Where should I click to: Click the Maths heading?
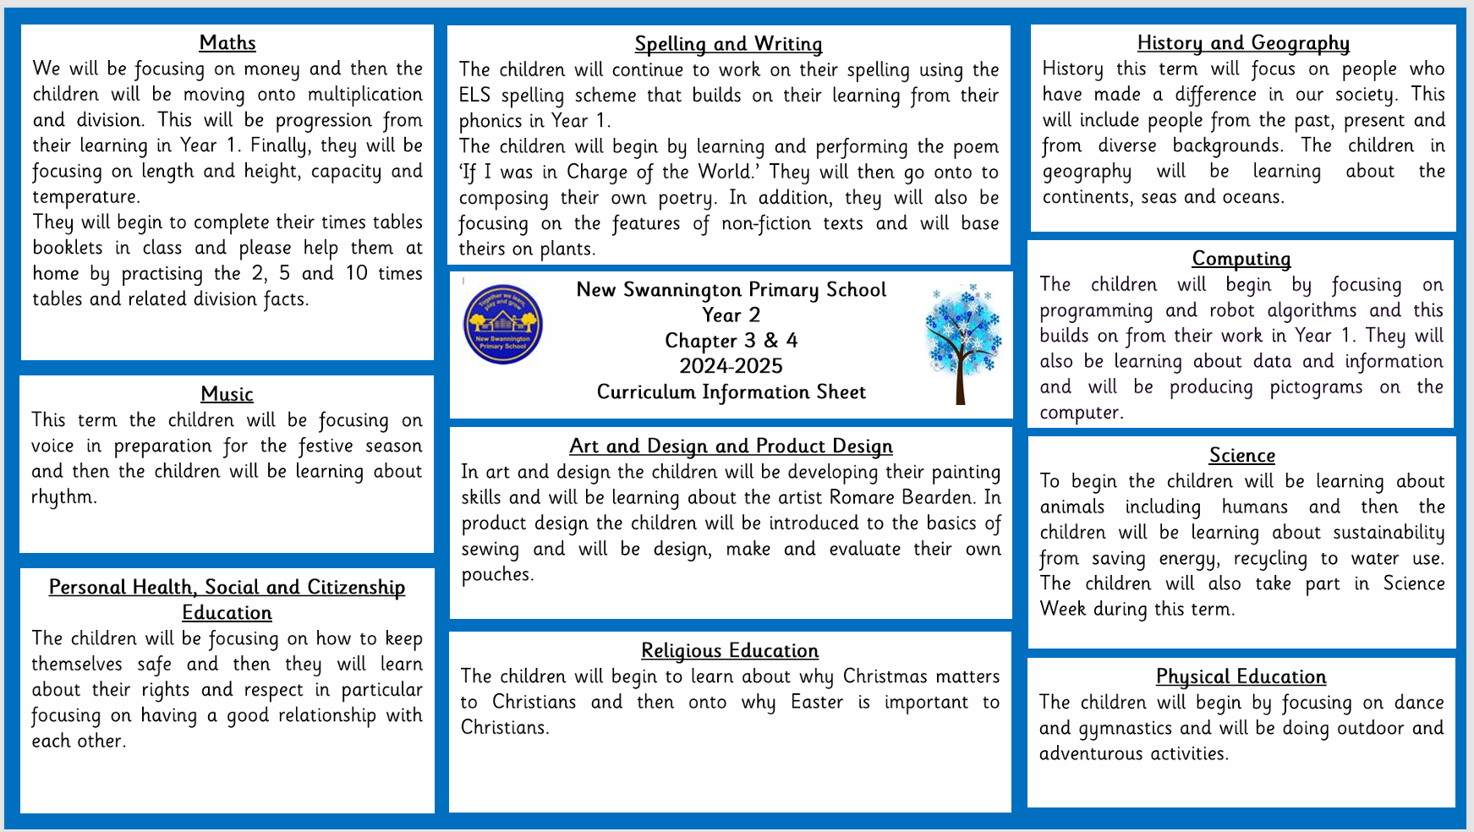pos(227,43)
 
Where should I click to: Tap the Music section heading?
pos(227,394)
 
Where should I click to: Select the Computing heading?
pos(1241,259)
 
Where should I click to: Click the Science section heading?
pos(1241,456)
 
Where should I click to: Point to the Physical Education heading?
pos(1241,676)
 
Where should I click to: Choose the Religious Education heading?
pos(729,651)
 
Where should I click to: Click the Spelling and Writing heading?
pos(728,44)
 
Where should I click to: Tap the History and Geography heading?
pos(1242,43)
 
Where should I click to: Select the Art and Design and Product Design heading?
pos(731,446)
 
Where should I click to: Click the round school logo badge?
pos(503,325)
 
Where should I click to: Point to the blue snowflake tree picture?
pos(962,342)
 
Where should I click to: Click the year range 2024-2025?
pos(731,366)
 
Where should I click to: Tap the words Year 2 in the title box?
pos(731,315)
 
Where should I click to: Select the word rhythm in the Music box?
pos(63,497)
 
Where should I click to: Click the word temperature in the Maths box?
pos(85,197)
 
